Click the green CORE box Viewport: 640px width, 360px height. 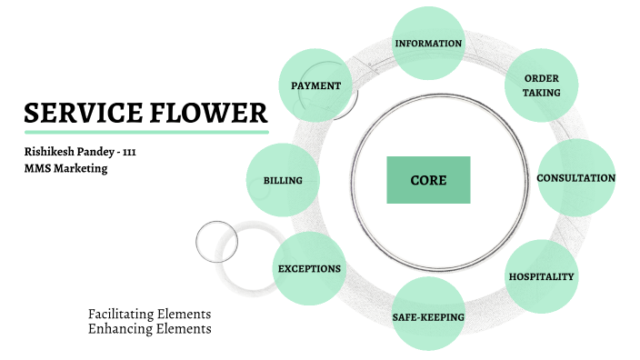[x=428, y=180]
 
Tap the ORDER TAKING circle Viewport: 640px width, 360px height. [x=542, y=85]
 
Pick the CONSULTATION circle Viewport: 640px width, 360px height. [x=576, y=178]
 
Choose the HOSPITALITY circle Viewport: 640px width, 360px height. [x=541, y=275]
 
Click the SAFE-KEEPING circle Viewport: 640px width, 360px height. [x=428, y=316]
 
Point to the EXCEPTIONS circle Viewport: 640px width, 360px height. [x=309, y=269]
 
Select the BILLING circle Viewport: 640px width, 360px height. [x=283, y=180]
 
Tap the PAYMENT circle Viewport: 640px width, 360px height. [x=315, y=85]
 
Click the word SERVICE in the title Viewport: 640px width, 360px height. [x=82, y=114]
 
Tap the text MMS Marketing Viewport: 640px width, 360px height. [x=65, y=168]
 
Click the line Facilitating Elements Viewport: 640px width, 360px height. [x=149, y=314]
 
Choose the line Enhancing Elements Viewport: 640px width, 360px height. [x=149, y=328]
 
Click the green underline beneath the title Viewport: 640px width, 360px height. [x=145, y=132]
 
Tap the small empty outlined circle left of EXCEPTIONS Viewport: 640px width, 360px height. [x=216, y=241]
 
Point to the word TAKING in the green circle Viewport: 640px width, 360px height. [x=542, y=93]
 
